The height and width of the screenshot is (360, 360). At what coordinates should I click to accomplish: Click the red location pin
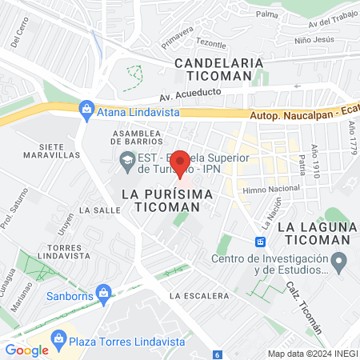tap(181, 163)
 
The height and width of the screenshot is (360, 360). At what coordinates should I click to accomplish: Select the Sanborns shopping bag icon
tap(102, 292)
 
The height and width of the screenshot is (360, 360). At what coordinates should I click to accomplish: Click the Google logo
tap(26, 350)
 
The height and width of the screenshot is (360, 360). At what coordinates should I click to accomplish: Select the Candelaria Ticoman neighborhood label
tap(219, 67)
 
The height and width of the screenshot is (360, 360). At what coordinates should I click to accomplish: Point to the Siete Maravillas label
tap(62, 153)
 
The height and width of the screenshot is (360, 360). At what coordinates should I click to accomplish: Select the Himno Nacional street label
tap(269, 188)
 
